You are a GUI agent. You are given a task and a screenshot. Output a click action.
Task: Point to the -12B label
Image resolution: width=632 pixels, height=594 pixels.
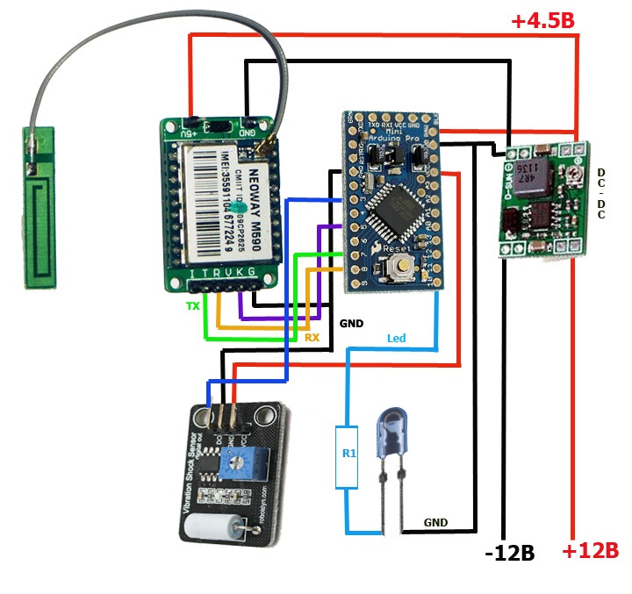coord(510,553)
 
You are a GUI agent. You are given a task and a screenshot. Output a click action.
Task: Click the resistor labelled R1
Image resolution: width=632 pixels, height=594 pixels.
coord(347,455)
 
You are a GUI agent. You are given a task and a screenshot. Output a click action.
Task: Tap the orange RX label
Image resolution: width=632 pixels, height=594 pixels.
coord(312,336)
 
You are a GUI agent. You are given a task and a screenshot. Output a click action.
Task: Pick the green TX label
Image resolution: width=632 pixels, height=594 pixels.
coord(192,306)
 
